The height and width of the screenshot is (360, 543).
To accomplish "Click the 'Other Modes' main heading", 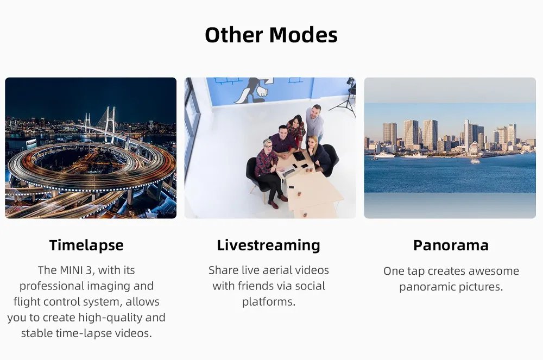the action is (271, 35).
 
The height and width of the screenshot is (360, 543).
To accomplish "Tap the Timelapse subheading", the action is (86, 245).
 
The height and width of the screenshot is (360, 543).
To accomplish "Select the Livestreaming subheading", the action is (268, 245).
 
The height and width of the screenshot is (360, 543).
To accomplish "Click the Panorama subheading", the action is (451, 245).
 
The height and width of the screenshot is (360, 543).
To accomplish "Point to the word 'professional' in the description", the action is (52, 286).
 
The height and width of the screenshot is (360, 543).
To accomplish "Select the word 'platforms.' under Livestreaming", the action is (269, 302).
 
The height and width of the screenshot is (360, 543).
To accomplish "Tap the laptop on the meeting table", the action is (286, 171).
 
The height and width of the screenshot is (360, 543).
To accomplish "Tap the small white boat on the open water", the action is (475, 161).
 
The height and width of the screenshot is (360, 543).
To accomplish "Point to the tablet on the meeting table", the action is (299, 156).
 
